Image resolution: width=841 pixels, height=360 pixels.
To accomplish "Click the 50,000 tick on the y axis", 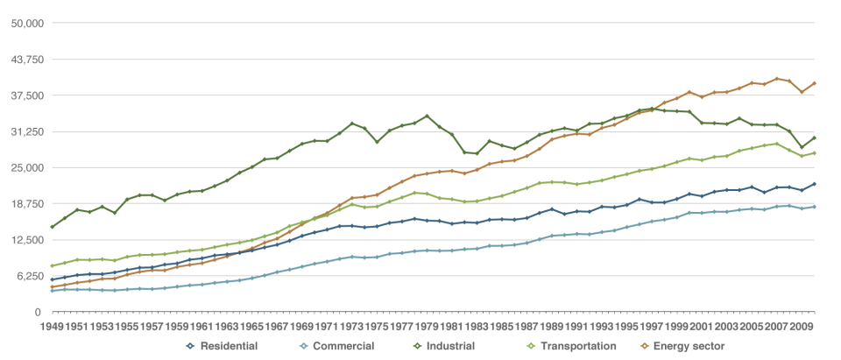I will (x=27, y=23).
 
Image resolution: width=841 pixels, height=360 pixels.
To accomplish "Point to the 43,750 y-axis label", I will (x=27, y=59).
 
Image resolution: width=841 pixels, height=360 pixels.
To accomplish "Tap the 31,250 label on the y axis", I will (x=27, y=131).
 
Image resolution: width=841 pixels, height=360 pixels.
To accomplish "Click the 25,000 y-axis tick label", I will (x=27, y=167).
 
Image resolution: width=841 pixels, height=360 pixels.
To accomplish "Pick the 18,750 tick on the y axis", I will (x=27, y=203).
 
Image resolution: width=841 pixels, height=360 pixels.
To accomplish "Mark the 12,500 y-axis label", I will (x=27, y=239).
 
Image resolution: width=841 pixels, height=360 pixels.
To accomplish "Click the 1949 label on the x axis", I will (x=53, y=327).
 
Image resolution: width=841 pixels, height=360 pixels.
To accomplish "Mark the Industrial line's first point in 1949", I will (x=53, y=227).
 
